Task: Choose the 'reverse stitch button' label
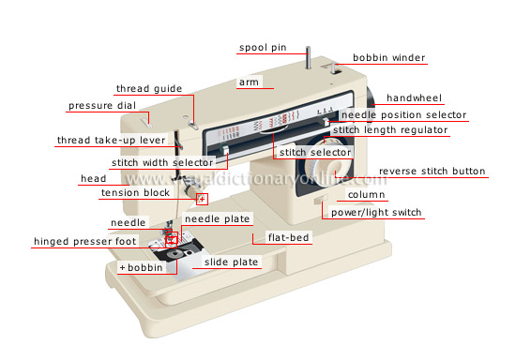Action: coord(432,172)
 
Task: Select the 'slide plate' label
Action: coord(232,262)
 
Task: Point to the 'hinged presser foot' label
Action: coord(85,241)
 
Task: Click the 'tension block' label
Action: coord(136,193)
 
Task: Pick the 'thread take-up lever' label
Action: coord(111,141)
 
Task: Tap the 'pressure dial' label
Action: coord(102,106)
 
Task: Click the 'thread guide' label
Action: coord(150,89)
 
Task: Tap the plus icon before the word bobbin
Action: coord(122,267)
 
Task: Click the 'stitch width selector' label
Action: coord(162,162)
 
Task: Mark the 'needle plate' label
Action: coord(218,218)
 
